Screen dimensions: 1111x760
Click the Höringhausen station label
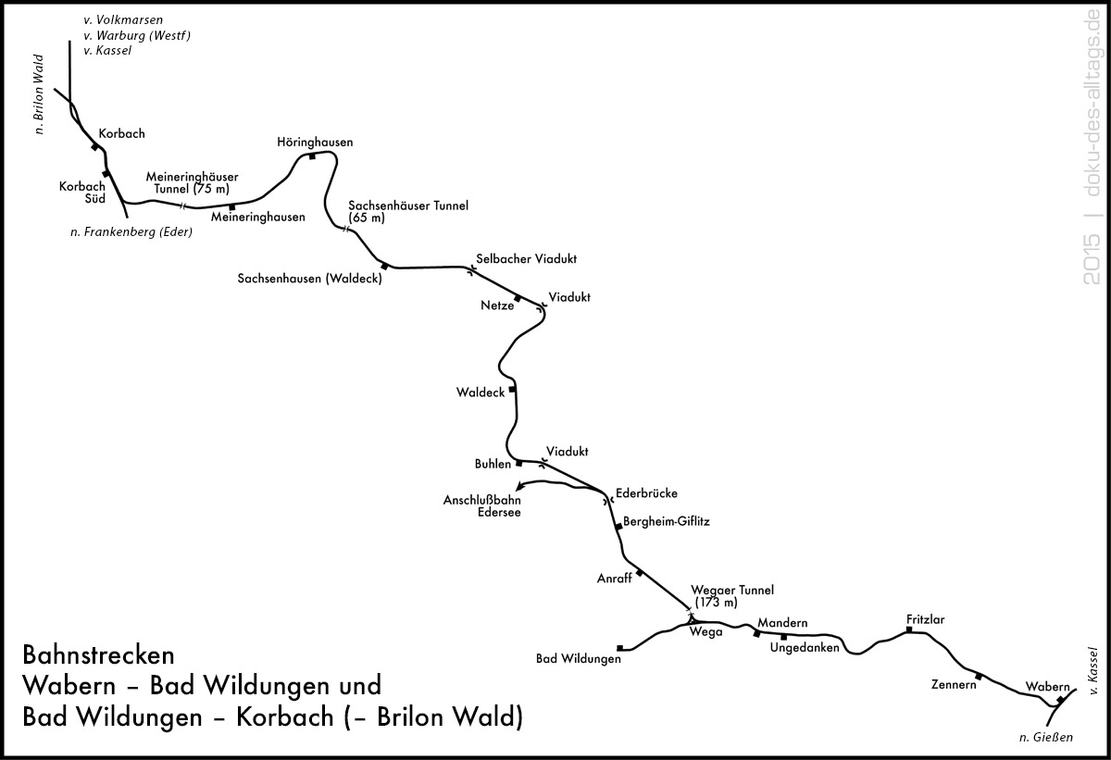tap(315, 143)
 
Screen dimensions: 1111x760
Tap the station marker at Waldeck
tap(512, 389)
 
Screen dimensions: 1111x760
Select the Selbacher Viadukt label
tap(526, 259)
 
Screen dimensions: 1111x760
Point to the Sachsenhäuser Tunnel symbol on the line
tap(345, 229)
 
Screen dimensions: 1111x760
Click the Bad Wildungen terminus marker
tap(619, 648)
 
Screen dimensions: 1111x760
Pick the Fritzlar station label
tap(926, 619)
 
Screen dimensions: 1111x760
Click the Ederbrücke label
tap(647, 493)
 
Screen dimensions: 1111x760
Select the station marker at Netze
tap(518, 298)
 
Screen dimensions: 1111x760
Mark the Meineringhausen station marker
tap(231, 207)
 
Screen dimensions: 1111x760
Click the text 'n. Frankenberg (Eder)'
tap(131, 232)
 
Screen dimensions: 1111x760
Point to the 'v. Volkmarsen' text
tap(123, 20)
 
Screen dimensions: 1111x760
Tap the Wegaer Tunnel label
tap(732, 596)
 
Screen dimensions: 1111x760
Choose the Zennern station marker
tap(979, 676)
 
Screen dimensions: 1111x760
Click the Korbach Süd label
tap(82, 193)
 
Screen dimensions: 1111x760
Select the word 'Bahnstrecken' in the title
tap(99, 655)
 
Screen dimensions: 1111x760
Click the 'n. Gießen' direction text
tap(1046, 737)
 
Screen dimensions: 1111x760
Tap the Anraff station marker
tap(640, 573)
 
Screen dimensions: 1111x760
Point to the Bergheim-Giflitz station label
tap(667, 521)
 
